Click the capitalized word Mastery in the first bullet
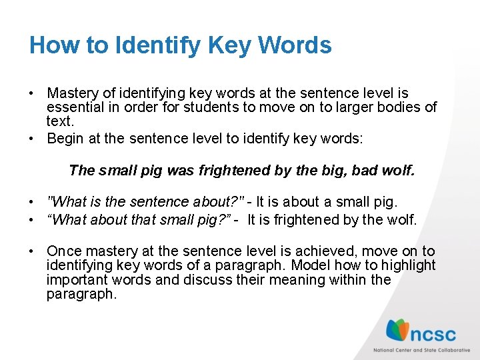pos(71,93)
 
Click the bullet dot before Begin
pos(32,139)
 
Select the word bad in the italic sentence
pos(365,171)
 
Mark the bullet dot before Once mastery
pos(32,251)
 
